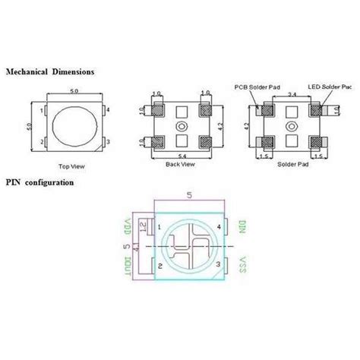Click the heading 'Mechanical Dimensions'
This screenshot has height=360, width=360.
(51, 71)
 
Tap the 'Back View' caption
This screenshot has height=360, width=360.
(180, 163)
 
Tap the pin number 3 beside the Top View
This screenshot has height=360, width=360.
(109, 142)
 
